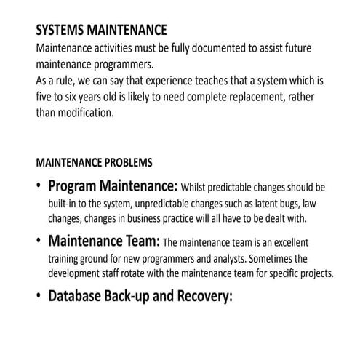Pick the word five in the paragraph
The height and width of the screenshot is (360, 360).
(45, 97)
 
